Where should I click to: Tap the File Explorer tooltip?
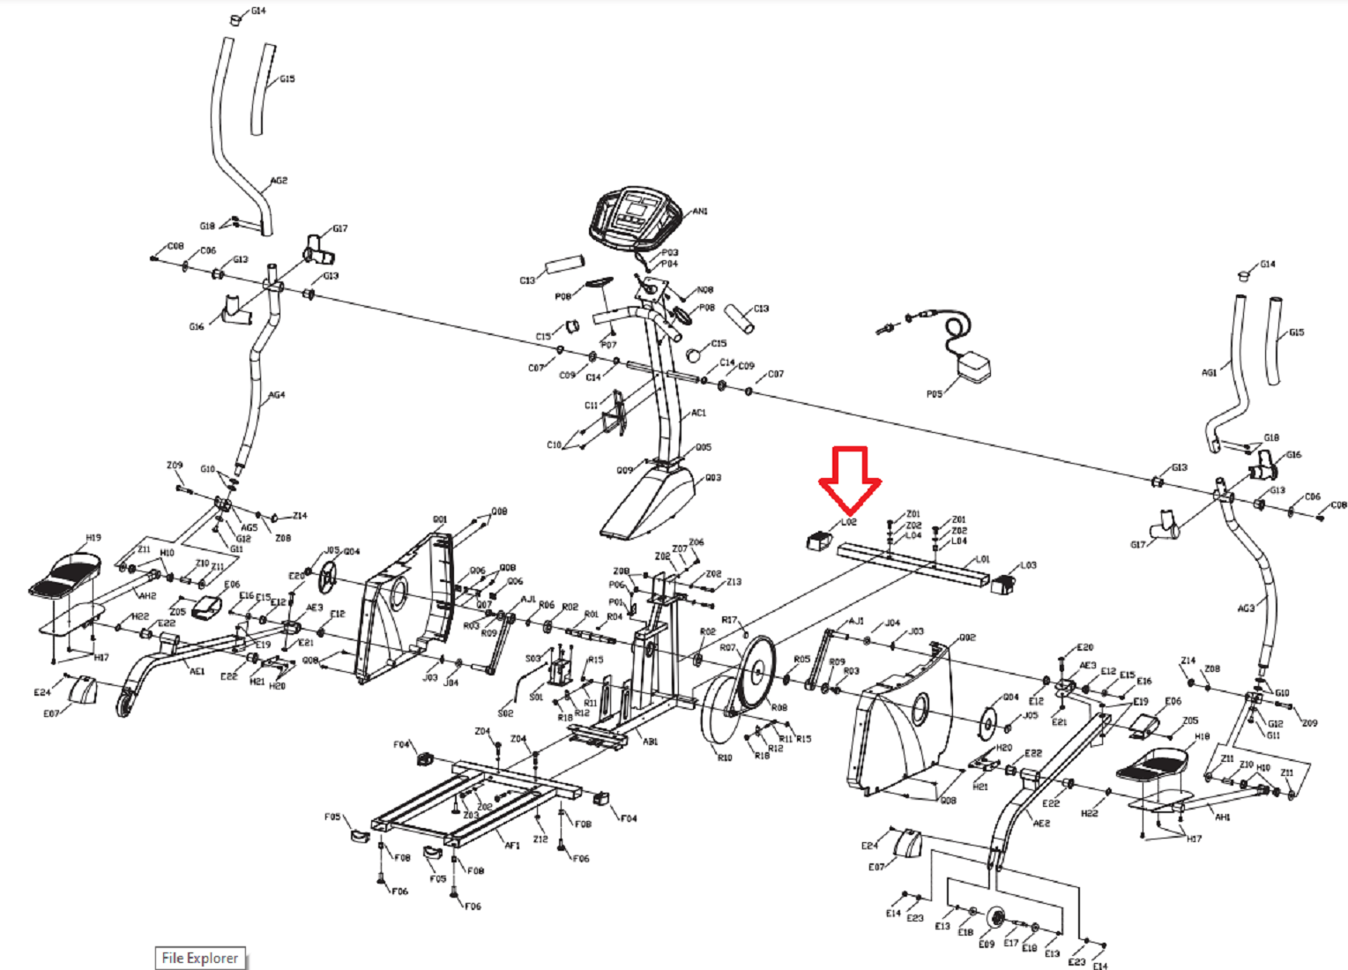point(200,958)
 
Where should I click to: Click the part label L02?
point(849,522)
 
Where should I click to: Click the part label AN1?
point(700,212)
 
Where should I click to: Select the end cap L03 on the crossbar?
point(1004,583)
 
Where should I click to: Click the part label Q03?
point(713,478)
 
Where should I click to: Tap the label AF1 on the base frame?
point(512,845)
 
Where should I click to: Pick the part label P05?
point(935,394)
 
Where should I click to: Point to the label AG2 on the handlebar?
point(279,181)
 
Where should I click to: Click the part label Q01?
point(440,519)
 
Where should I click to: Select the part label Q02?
point(967,637)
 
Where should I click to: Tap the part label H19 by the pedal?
point(93,538)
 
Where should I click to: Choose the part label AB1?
point(650,742)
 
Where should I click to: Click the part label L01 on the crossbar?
point(983,559)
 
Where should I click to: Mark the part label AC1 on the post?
point(698,413)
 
